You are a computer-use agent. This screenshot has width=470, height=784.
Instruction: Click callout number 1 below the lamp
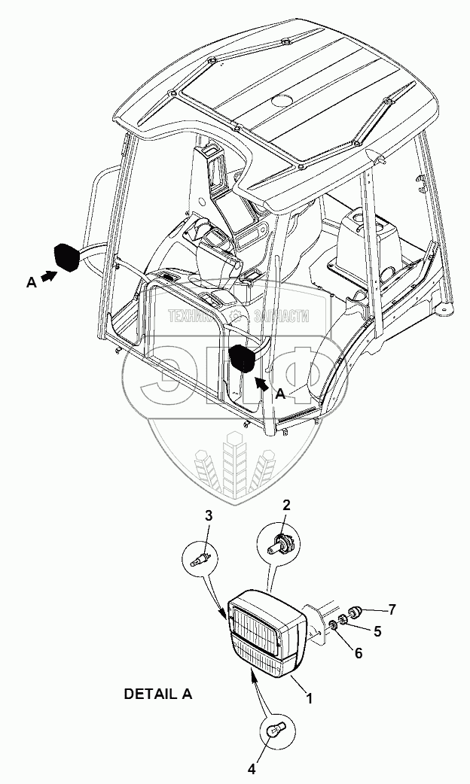309,698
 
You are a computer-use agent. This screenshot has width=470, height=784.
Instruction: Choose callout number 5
377,631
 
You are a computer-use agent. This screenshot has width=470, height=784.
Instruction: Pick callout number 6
359,653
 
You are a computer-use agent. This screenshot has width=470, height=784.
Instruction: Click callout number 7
391,607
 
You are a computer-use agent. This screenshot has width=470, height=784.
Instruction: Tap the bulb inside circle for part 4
276,731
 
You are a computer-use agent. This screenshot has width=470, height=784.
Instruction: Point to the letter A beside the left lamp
31,282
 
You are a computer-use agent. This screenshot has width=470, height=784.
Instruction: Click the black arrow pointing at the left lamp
47,278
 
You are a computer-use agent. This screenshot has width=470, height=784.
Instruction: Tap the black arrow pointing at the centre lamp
261,383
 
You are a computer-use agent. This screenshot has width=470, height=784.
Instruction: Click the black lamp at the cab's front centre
243,358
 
